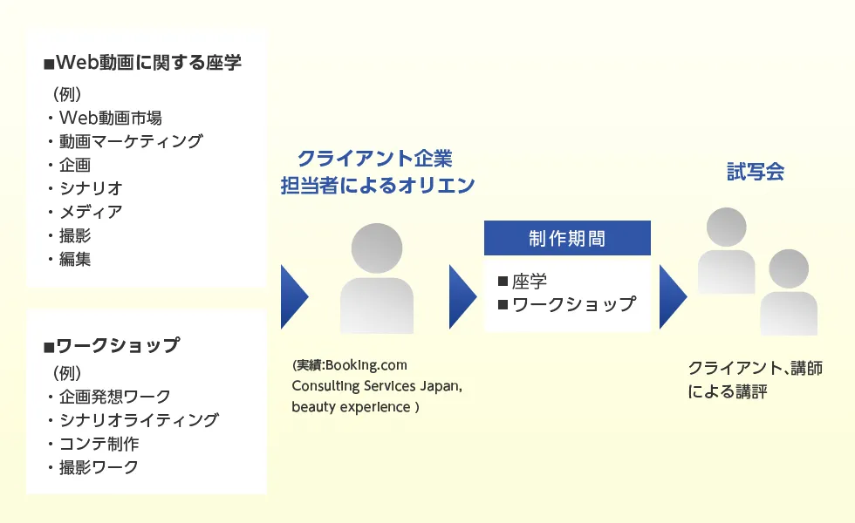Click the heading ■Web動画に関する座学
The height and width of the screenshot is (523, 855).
(142, 63)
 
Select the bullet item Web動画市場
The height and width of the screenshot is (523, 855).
(110, 118)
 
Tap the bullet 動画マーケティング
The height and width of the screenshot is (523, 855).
(130, 141)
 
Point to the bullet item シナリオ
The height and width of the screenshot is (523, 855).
(91, 188)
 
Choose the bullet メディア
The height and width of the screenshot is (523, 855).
(91, 212)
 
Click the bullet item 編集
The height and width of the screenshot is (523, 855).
(75, 259)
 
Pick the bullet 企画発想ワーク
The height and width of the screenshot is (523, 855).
(114, 397)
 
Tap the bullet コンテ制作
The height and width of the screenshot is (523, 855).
(99, 444)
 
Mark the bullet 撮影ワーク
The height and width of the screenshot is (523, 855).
(99, 467)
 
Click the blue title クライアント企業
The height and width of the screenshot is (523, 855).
(375, 159)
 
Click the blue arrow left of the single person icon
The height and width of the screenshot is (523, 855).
(294, 296)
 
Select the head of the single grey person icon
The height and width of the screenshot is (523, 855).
(377, 248)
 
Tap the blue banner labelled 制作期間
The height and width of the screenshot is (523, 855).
(567, 238)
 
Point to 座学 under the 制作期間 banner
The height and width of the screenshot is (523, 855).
(530, 282)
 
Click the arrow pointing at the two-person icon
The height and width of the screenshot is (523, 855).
(672, 296)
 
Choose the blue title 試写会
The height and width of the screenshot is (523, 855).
(756, 172)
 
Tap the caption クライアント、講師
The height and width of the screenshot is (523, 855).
(755, 369)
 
